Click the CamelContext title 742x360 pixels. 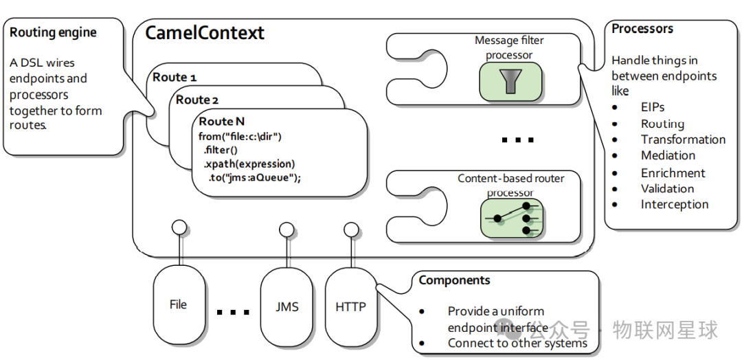pyautogui.click(x=205, y=32)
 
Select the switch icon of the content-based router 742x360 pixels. pyautogui.click(x=511, y=218)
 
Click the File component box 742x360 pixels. pyautogui.click(x=178, y=304)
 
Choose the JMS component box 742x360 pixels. pyautogui.click(x=286, y=306)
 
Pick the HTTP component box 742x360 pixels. pyautogui.click(x=350, y=306)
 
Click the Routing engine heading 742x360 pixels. pyautogui.click(x=53, y=32)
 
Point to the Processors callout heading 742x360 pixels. pyautogui.click(x=642, y=29)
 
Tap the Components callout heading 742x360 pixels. pyautogui.click(x=454, y=280)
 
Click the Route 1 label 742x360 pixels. pyautogui.click(x=175, y=77)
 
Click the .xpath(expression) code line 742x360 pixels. pyautogui.click(x=249, y=164)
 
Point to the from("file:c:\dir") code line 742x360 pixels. pyautogui.click(x=240, y=136)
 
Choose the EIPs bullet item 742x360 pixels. pyautogui.click(x=653, y=108)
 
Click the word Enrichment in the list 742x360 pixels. pyautogui.click(x=673, y=173)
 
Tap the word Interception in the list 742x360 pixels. pyautogui.click(x=674, y=204)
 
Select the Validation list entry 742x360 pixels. pyautogui.click(x=667, y=188)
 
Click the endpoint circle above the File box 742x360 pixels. pyautogui.click(x=179, y=227)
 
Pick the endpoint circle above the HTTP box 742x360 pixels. pyautogui.click(x=351, y=229)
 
